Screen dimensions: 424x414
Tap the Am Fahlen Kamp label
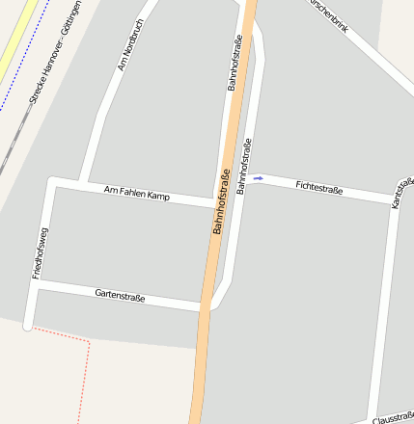pos(137,195)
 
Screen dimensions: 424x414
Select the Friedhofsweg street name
pos(41,253)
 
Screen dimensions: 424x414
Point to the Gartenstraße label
pos(120,296)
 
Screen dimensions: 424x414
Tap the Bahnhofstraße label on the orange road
pos(223,203)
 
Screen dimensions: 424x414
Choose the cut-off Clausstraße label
pos(393,418)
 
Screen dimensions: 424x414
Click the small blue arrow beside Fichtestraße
pos(259,178)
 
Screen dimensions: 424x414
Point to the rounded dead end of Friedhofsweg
pos(29,321)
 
